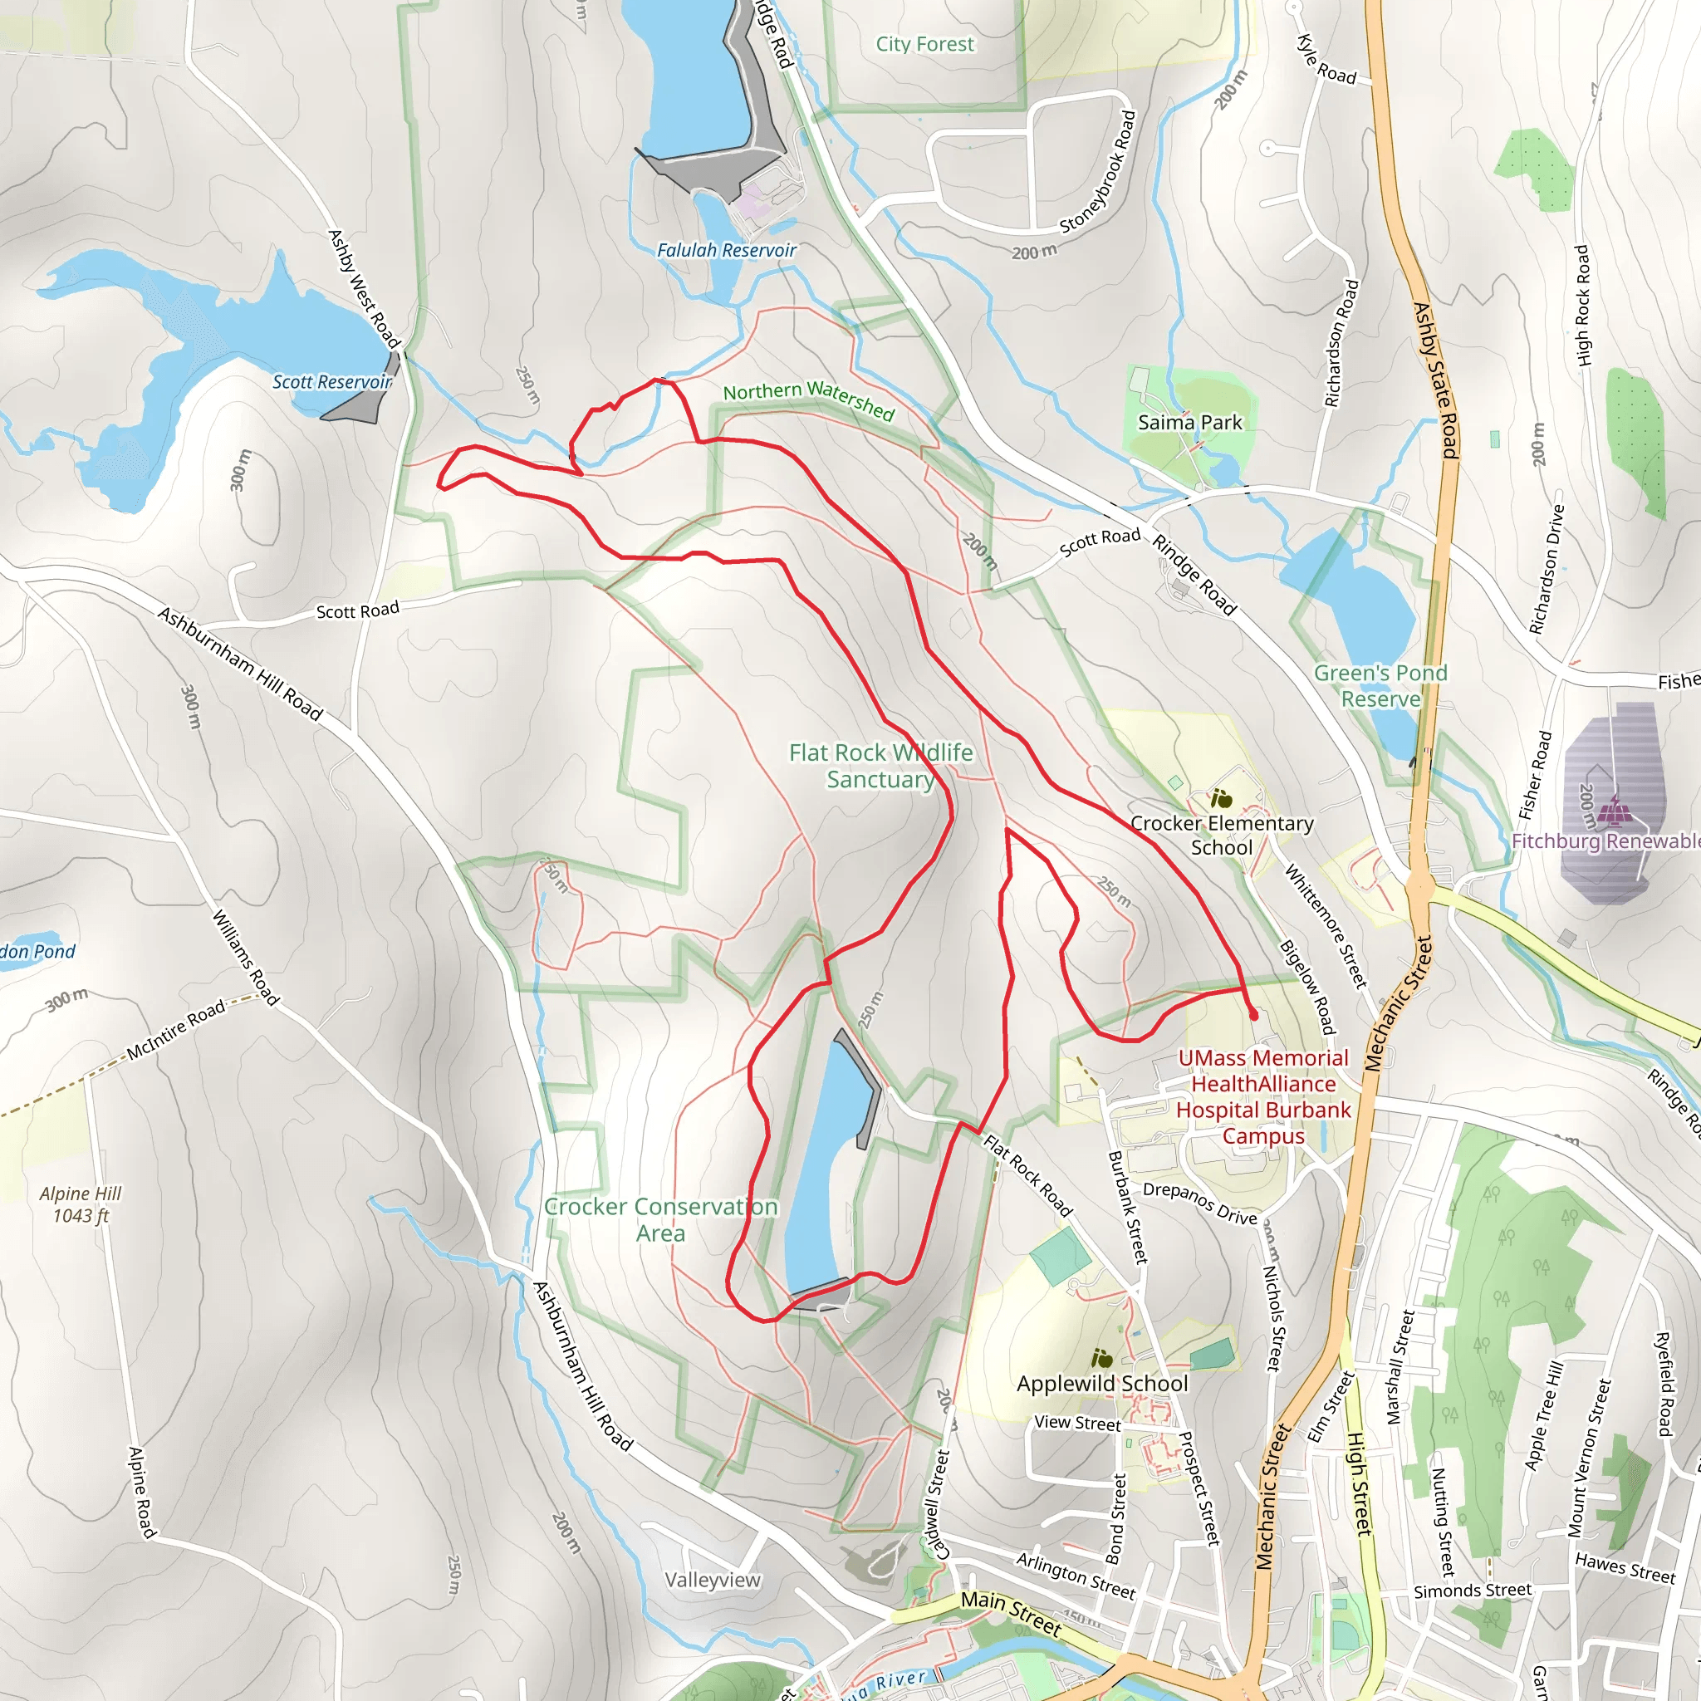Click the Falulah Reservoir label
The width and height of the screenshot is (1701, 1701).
727,251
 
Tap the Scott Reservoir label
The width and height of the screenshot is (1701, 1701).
332,382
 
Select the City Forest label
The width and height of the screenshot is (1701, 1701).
924,44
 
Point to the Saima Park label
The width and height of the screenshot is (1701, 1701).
1189,423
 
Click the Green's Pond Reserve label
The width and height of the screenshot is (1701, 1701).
1380,686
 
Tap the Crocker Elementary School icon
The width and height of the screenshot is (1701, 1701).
1221,798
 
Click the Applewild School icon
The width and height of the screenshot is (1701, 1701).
1101,1358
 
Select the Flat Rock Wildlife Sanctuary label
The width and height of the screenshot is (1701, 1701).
880,766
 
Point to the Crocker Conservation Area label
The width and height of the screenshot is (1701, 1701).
660,1219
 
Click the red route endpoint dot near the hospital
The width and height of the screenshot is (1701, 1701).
1253,1015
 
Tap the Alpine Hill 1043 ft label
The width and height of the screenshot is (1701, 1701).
80,1204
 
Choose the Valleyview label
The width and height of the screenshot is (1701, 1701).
713,1581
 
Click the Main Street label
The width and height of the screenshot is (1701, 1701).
1011,1612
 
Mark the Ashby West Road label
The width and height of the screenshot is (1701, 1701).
364,289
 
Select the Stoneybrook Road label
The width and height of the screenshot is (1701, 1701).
1099,172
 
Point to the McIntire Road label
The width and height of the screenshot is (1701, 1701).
176,1030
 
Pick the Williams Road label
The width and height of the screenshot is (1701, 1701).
245,958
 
